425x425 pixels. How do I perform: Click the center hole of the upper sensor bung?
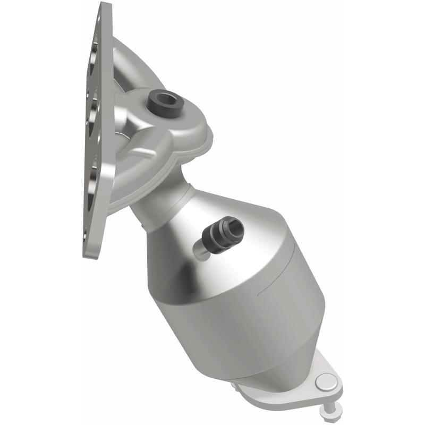[x=166, y=97]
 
